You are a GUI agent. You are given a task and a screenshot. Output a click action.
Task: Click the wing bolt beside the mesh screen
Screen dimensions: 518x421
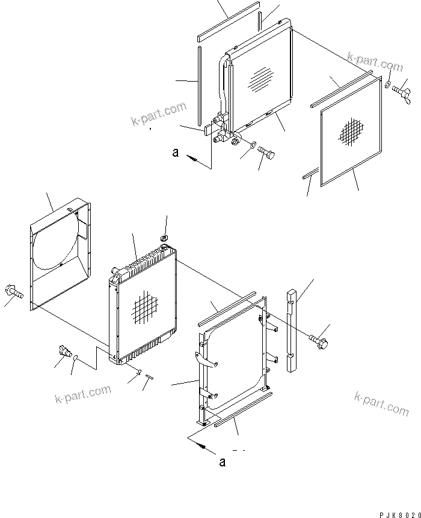(400, 91)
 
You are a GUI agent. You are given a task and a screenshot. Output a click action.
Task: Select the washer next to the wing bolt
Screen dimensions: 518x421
(388, 82)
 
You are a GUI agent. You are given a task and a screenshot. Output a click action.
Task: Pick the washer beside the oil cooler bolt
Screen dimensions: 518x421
(253, 145)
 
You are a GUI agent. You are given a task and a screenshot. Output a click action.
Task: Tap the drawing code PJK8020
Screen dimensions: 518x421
(399, 514)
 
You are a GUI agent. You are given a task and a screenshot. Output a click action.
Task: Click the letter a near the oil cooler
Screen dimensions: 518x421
(175, 152)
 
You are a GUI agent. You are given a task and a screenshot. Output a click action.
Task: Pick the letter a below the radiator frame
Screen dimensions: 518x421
(222, 462)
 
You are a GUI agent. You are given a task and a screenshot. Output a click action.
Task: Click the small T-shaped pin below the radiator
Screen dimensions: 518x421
(149, 378)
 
